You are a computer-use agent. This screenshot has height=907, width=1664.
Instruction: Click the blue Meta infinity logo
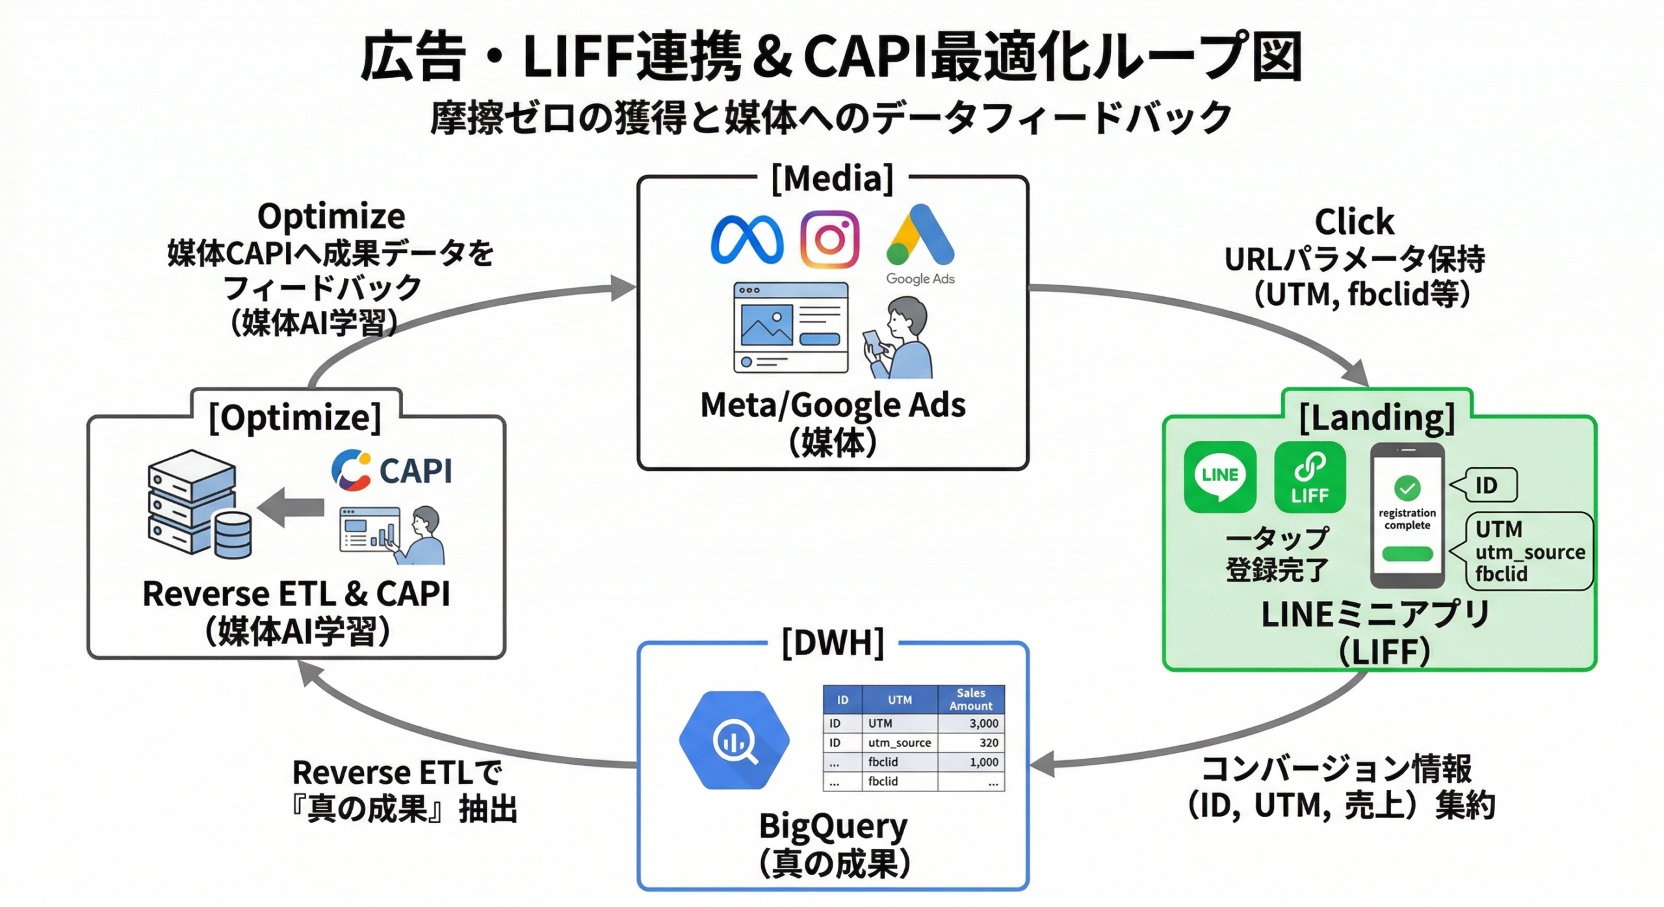(x=747, y=240)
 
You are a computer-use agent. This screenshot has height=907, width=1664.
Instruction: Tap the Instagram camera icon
(x=829, y=239)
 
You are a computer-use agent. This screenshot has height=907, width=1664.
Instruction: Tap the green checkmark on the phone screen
(x=1407, y=487)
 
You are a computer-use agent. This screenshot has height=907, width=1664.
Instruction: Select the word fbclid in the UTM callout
(x=1501, y=574)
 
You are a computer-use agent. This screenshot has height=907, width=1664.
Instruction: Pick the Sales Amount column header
(x=970, y=699)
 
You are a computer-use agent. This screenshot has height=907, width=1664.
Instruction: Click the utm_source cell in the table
(x=900, y=743)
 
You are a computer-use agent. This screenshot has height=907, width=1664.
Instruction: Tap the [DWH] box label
(x=833, y=643)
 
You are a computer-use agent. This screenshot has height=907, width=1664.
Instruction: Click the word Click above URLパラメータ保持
(x=1354, y=222)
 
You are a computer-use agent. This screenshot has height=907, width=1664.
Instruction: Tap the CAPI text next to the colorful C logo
(x=415, y=470)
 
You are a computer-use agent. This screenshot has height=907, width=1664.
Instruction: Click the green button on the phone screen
(x=1407, y=554)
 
